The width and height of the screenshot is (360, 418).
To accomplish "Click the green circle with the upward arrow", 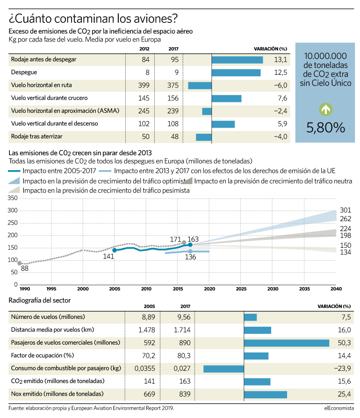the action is [325, 109].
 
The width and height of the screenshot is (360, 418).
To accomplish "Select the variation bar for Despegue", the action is [236, 72].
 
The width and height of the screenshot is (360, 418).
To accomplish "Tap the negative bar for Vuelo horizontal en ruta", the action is [200, 86].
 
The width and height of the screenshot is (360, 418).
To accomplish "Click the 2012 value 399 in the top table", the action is [144, 85].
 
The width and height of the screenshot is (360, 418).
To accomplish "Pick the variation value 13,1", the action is [281, 60].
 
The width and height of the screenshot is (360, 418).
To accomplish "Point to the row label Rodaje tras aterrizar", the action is [36, 137].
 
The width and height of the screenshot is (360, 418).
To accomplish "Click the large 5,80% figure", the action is [325, 128].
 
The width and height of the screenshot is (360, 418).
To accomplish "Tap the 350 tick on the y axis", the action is [13, 198].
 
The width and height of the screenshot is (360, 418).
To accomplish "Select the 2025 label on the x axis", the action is [241, 288].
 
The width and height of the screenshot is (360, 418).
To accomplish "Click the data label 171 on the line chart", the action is [175, 239].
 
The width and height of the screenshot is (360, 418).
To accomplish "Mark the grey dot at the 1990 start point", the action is [20, 263].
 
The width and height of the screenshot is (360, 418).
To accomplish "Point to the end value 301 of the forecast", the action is [346, 210].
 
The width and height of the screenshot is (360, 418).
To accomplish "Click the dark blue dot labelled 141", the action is [115, 250].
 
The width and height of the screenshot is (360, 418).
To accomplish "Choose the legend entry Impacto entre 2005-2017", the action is [52, 171].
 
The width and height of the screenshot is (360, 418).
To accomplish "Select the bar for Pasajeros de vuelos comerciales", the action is [287, 343].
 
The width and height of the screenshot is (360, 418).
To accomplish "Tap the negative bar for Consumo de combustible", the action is [223, 369].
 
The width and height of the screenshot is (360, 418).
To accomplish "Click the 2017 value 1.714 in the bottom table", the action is [182, 330].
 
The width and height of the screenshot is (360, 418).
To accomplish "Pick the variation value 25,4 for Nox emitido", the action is [344, 394].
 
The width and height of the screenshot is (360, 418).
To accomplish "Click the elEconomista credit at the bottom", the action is [339, 408].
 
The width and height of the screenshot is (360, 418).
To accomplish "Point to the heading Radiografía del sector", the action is [39, 301].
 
